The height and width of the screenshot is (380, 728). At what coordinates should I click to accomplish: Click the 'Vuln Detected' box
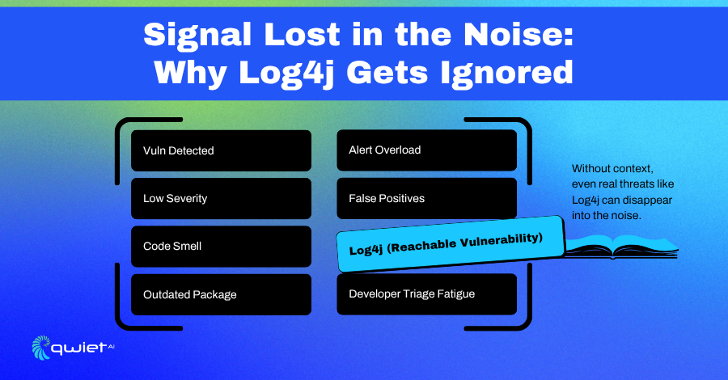tap(221, 151)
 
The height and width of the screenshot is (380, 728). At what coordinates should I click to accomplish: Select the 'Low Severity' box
tap(221, 199)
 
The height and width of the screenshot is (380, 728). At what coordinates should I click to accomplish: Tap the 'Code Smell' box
tap(221, 247)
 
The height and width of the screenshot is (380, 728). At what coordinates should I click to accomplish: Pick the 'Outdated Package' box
tap(221, 294)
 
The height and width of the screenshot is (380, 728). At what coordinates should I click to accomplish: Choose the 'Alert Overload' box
tap(426, 150)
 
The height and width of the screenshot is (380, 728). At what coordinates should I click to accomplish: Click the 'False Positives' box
tap(426, 197)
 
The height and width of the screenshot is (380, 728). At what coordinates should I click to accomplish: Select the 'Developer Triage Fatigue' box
tap(426, 294)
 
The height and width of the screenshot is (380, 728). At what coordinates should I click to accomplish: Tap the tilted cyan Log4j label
tap(450, 244)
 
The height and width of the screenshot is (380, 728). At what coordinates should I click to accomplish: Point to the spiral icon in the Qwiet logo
tap(41, 348)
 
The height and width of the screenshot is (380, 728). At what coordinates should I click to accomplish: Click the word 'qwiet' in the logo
tap(79, 348)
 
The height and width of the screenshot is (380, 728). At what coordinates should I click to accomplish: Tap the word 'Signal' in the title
tap(198, 36)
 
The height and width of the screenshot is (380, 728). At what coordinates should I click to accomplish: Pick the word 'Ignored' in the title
tap(507, 74)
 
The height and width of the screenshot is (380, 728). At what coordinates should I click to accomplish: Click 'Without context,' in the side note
tap(612, 168)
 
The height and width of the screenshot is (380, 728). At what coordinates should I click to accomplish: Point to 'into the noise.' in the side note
tap(607, 215)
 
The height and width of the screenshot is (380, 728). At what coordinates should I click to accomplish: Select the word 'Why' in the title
tap(190, 74)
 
